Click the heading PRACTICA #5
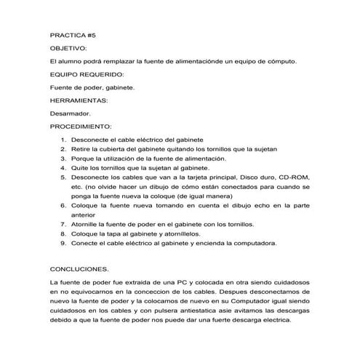click(73, 34)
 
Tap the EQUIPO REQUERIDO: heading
click(87, 74)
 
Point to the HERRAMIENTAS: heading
click(79, 100)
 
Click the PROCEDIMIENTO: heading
click(81, 126)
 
